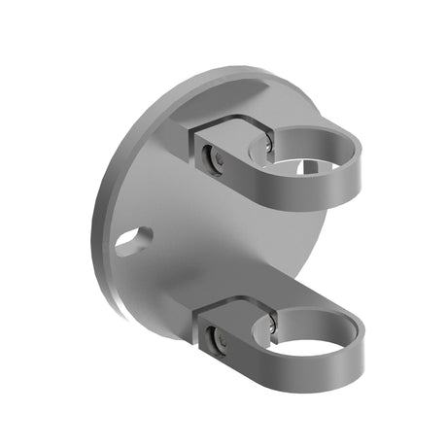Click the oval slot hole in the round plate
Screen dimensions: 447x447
134,242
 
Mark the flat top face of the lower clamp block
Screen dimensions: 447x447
228,309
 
